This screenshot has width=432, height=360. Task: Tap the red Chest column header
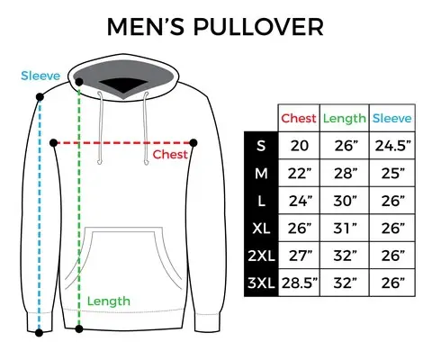(298, 119)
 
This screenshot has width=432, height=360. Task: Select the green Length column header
(344, 119)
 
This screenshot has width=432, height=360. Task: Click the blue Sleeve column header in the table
(391, 119)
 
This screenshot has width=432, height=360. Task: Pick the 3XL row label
(260, 285)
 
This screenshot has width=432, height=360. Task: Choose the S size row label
(260, 146)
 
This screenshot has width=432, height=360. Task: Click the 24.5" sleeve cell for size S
(391, 146)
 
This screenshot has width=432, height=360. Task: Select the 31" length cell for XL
(344, 229)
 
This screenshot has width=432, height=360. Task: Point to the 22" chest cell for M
(298, 174)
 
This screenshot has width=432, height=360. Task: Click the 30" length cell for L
(344, 202)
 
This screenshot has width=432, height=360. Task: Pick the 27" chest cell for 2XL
(298, 257)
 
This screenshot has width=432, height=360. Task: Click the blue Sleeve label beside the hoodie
(40, 76)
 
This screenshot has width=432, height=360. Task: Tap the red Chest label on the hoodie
(169, 155)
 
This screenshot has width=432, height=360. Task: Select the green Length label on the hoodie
(108, 301)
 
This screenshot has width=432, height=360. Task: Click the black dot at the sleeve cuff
(39, 332)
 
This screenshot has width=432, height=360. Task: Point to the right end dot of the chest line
(196, 142)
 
